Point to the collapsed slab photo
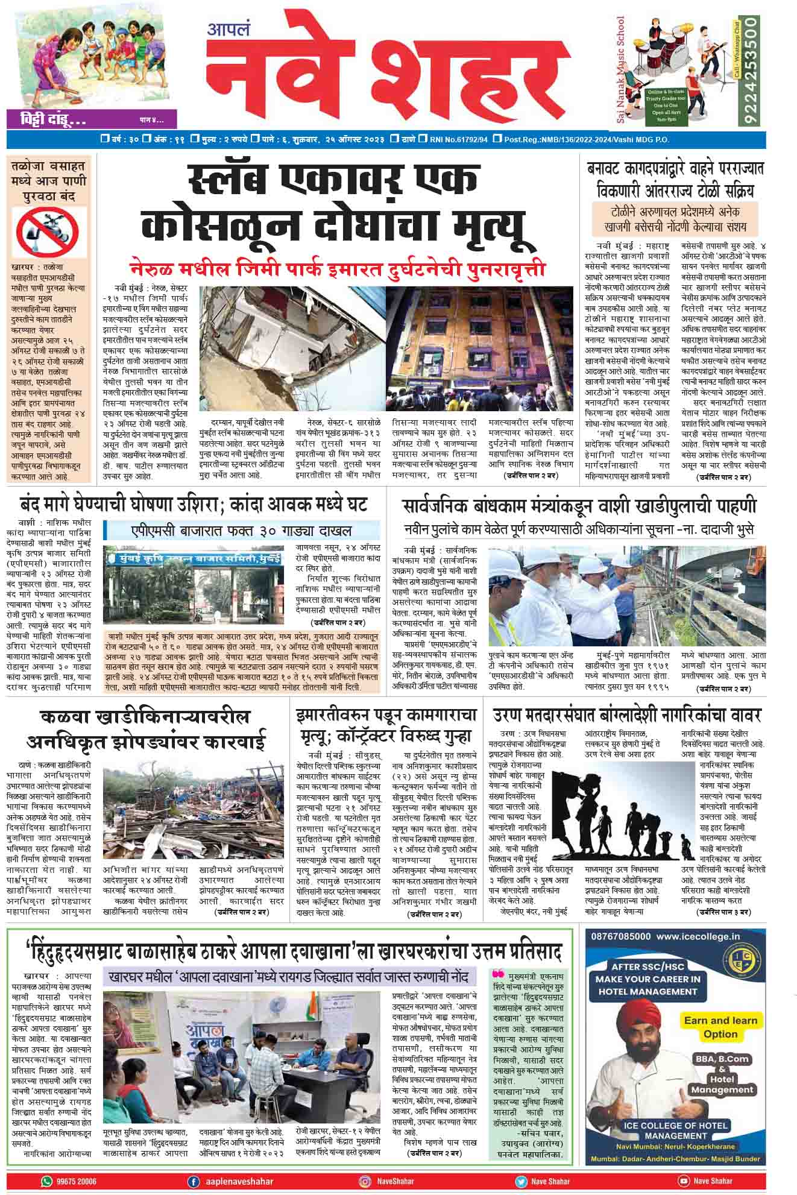pos(291,348)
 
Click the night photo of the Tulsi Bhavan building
pos(479,348)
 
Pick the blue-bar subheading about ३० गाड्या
pos(241,531)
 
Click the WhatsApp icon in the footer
pos(46,1181)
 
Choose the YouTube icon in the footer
pos(684,1181)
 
